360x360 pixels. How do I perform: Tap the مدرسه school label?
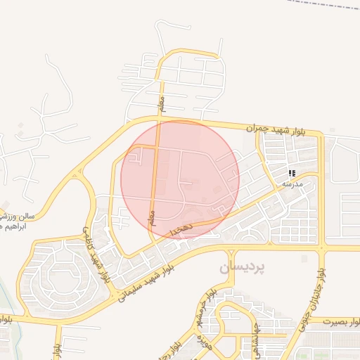(x=292, y=184)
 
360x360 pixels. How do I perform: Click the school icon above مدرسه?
(x=292, y=173)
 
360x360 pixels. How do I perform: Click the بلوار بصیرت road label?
(x=342, y=321)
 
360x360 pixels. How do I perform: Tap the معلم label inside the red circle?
(x=150, y=217)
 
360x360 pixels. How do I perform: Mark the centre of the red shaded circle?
(x=180, y=179)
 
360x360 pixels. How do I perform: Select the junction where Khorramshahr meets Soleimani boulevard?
(x=231, y=251)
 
